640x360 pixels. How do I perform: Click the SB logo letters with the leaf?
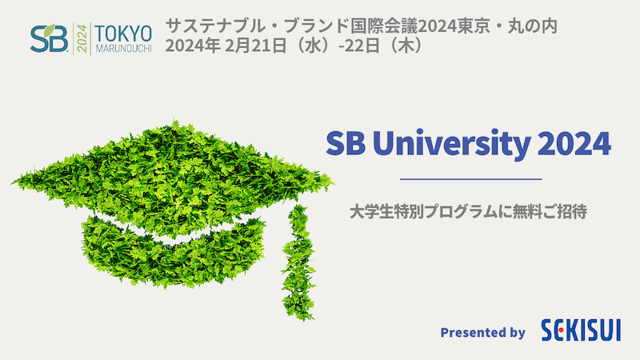pyautogui.click(x=49, y=38)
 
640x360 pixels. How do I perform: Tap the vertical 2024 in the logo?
pyautogui.click(x=82, y=38)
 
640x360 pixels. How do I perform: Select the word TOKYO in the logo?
pyautogui.click(x=123, y=34)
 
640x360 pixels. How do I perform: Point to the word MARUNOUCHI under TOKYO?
pyautogui.click(x=124, y=48)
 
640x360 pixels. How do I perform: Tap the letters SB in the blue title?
pyautogui.click(x=346, y=143)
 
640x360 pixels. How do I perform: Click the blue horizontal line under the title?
pyautogui.click(x=470, y=178)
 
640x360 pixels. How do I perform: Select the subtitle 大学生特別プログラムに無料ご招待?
pyautogui.click(x=468, y=212)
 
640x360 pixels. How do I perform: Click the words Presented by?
pyautogui.click(x=482, y=333)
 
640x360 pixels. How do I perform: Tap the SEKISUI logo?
pyautogui.click(x=581, y=330)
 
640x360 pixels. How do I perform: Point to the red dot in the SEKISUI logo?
pyautogui.click(x=562, y=330)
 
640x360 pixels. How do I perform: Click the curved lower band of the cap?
pyautogui.click(x=174, y=254)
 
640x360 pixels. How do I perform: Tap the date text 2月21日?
pyautogui.click(x=255, y=46)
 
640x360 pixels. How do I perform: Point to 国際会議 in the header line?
pyautogui.click(x=384, y=26)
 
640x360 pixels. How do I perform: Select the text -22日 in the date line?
pyautogui.click(x=359, y=46)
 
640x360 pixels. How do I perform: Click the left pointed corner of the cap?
pyautogui.click(x=13, y=182)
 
